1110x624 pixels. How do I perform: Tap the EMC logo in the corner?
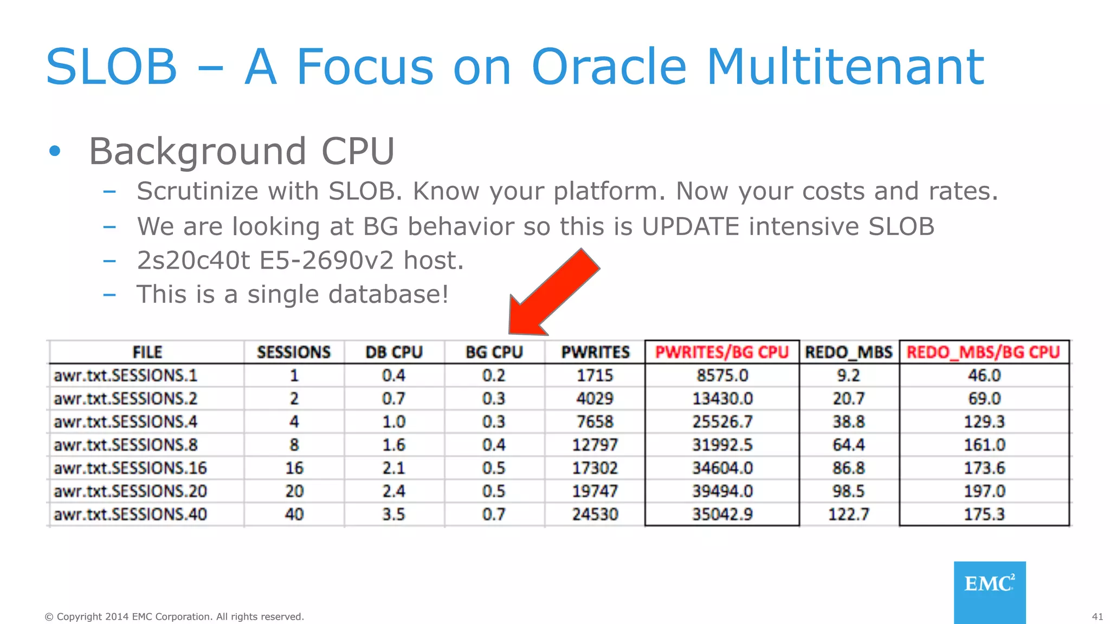coord(990,591)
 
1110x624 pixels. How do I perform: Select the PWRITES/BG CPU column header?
coord(722,353)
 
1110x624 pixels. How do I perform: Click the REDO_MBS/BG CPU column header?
coord(983,353)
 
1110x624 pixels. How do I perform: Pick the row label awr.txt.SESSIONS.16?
coord(130,468)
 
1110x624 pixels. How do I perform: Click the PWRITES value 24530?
coord(595,514)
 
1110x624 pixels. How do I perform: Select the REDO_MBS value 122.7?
coord(848,514)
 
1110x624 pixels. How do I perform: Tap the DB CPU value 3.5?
coord(393,514)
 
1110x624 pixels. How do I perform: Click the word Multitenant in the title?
coord(845,67)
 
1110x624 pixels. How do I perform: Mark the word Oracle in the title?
coord(609,67)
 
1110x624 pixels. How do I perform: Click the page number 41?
coord(1097,617)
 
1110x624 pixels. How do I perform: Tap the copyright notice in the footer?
coord(174,617)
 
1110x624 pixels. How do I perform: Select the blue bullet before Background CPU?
coord(55,151)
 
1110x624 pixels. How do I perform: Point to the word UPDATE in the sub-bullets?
coord(690,226)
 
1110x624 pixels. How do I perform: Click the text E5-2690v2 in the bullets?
coord(326,261)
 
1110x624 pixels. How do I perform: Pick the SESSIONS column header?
coord(294,353)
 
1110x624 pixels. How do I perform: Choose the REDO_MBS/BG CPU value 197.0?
coord(984,491)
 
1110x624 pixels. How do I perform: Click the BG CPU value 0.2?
coord(494,375)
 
